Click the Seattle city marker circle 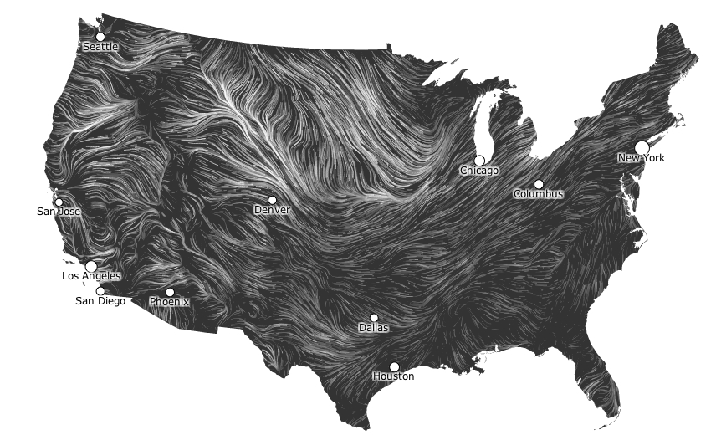100,36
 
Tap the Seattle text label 100,47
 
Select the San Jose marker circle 59,202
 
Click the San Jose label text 59,212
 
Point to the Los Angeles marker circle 91,265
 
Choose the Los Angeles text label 91,276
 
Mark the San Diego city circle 100,291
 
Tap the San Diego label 100,301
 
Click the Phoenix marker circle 170,292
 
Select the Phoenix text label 170,302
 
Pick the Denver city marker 272,200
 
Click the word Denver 272,211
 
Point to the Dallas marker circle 374,318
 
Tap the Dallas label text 374,328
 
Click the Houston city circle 394,366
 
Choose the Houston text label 393,376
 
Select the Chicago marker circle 479,160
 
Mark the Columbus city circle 539,184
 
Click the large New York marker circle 642,147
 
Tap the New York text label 642,158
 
